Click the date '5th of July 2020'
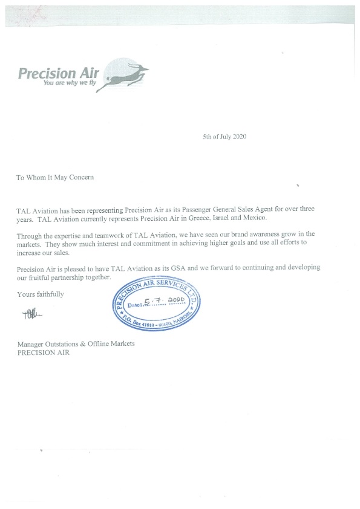(224, 137)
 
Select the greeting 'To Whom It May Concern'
(55, 177)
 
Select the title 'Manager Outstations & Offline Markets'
(76, 344)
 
